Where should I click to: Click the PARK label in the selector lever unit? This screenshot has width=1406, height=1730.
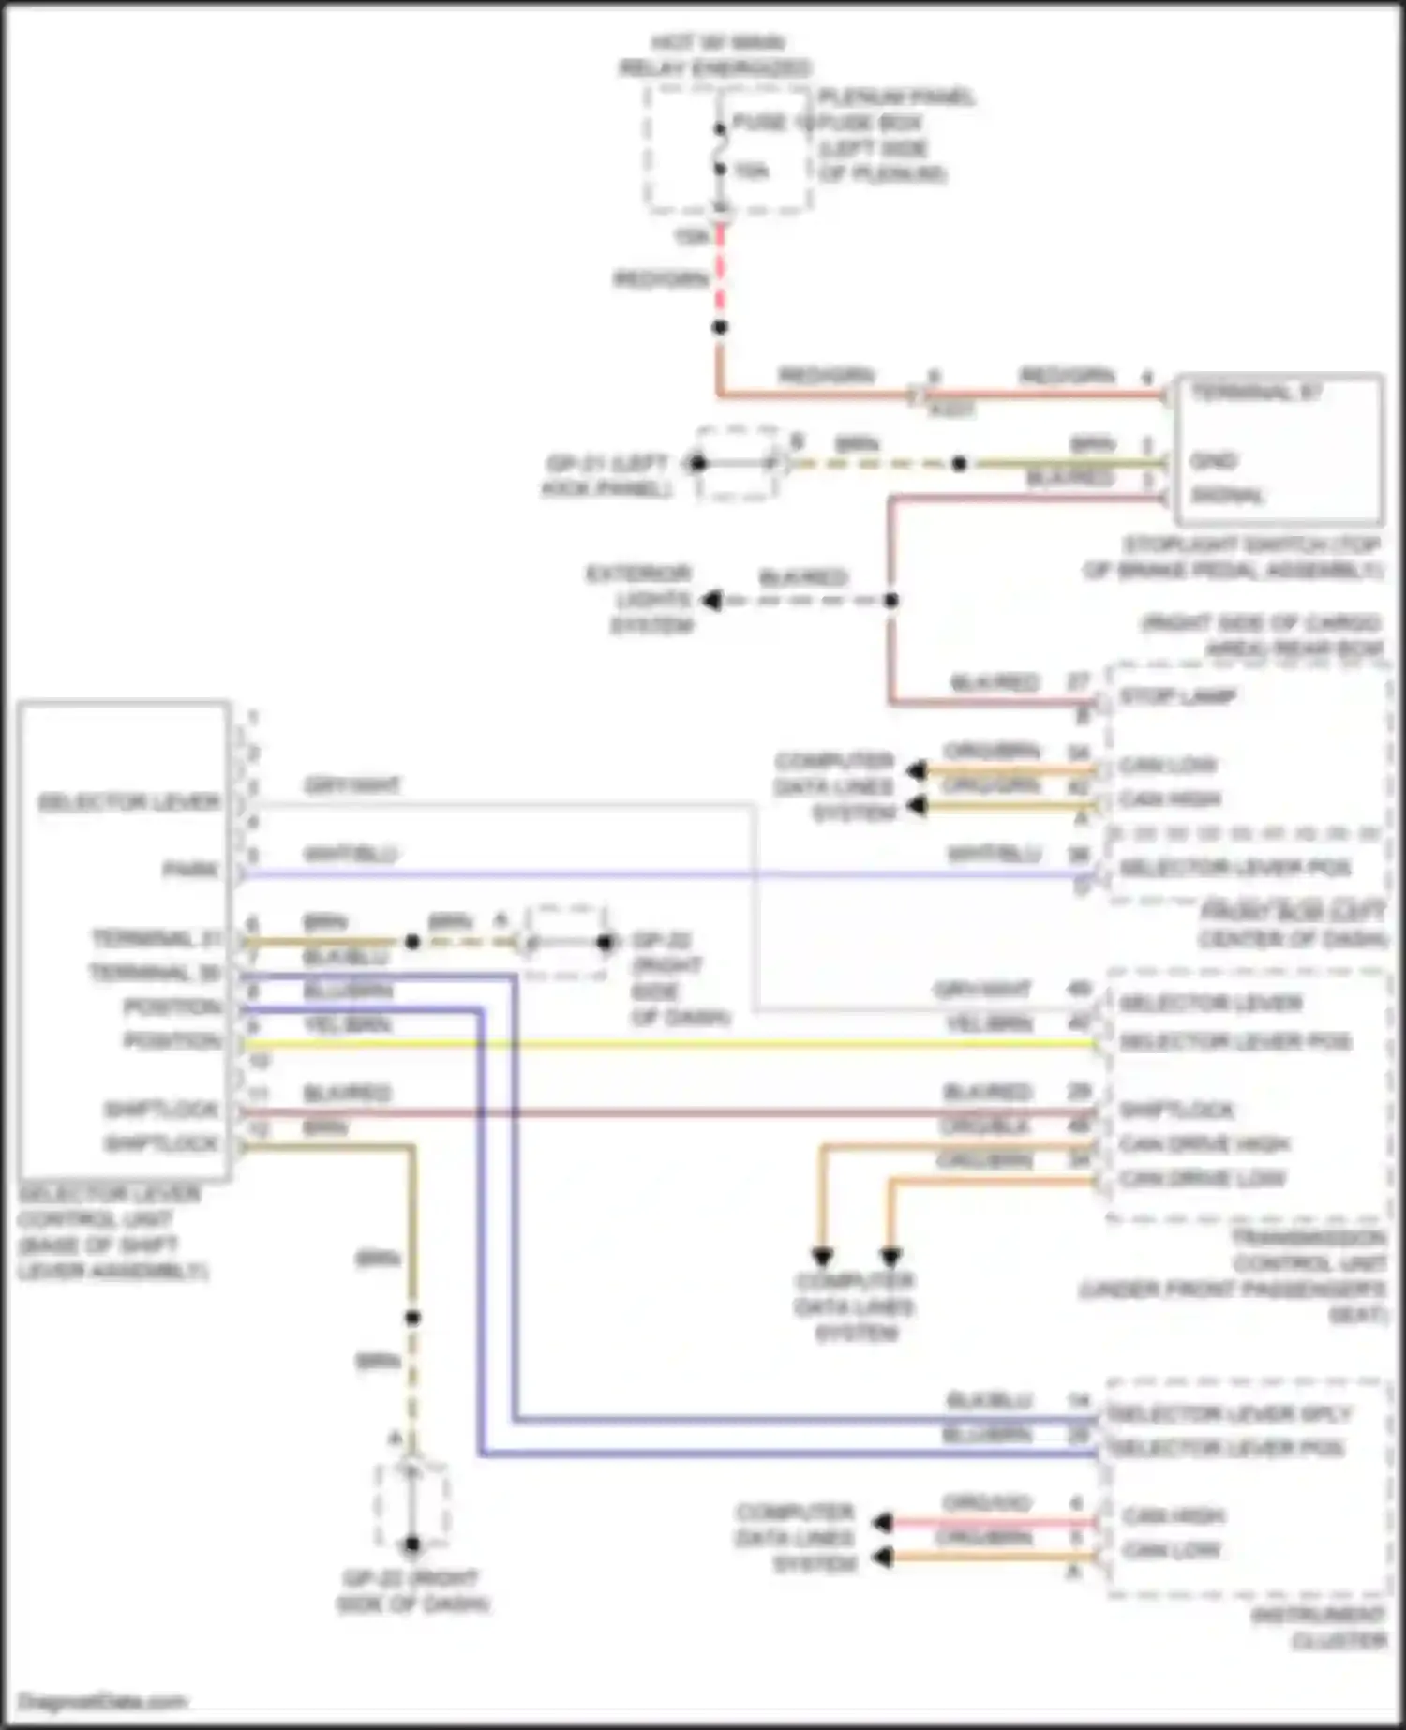(x=192, y=871)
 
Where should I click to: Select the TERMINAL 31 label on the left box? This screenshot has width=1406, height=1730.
(x=156, y=938)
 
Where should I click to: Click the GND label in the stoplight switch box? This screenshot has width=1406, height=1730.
(x=1215, y=460)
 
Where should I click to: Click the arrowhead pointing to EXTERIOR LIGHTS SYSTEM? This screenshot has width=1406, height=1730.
(x=712, y=600)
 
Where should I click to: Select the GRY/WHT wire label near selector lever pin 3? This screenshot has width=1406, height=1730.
(x=351, y=785)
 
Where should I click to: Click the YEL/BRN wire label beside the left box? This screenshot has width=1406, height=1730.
(x=346, y=1025)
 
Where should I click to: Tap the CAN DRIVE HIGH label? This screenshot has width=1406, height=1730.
(x=1204, y=1144)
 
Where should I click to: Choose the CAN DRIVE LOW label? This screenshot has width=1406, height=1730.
(x=1202, y=1178)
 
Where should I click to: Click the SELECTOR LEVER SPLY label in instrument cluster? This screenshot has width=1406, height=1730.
(x=1228, y=1413)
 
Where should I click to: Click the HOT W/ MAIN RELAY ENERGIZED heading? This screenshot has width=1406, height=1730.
(x=716, y=55)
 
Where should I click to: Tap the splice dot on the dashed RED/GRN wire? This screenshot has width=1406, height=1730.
(x=719, y=327)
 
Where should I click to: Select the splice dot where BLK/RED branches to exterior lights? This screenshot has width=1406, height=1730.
(x=890, y=600)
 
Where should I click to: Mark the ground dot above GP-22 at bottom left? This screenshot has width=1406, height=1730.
(x=411, y=1545)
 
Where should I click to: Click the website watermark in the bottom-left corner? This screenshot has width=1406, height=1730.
(x=102, y=1701)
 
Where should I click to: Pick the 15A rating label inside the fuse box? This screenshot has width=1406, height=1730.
(x=751, y=172)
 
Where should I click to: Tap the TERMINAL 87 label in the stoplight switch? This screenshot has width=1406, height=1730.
(x=1256, y=393)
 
